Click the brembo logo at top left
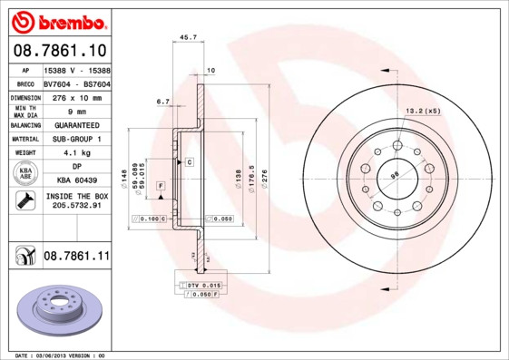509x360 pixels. click(56, 20)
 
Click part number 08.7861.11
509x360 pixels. click(76, 258)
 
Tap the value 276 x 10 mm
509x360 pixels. click(76, 96)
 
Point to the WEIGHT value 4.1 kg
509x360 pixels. click(76, 153)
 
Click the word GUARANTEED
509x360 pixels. click(76, 124)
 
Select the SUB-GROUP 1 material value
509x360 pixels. click(76, 139)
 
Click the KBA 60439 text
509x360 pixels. click(76, 180)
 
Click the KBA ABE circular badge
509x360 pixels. click(26, 174)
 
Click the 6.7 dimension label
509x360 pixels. click(163, 102)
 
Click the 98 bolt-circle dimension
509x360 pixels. click(395, 175)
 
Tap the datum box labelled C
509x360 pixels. click(190, 161)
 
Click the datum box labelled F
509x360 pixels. click(160, 186)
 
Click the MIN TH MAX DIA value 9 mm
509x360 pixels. click(76, 111)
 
